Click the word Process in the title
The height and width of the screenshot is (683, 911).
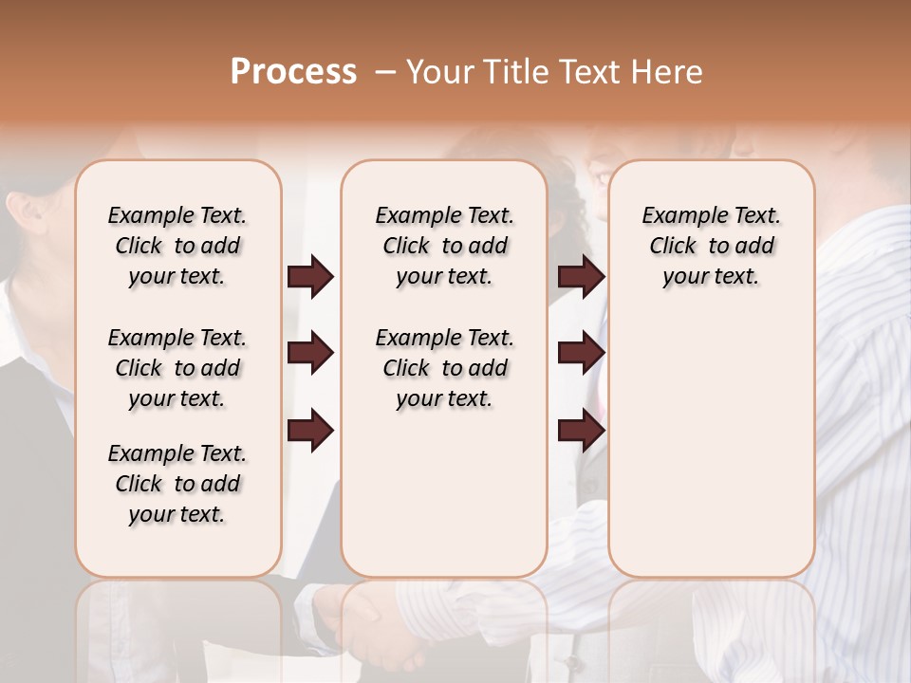click(293, 72)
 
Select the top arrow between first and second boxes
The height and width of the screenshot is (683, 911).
click(310, 277)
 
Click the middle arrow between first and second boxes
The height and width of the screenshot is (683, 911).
click(310, 354)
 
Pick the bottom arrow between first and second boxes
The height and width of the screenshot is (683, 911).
click(310, 432)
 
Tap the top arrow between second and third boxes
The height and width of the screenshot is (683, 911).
click(581, 277)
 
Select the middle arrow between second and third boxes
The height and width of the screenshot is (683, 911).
click(581, 354)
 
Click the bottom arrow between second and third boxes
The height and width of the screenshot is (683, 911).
click(581, 432)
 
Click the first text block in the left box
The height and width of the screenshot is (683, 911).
click(177, 246)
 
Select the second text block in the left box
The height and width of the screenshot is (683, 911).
click(177, 368)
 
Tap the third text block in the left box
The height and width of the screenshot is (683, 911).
click(177, 484)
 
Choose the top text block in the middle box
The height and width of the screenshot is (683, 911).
click(445, 246)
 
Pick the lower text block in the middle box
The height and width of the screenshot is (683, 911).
click(445, 368)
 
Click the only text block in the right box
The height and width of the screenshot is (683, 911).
click(712, 246)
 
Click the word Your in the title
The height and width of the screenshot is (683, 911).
click(435, 72)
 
